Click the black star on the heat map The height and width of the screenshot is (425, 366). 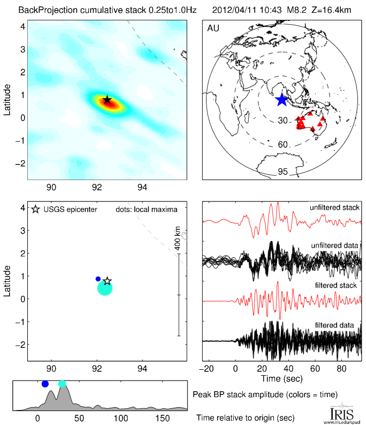(x=107, y=100)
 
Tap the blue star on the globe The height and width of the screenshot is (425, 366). (x=281, y=99)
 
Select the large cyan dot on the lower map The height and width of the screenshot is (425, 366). (x=105, y=288)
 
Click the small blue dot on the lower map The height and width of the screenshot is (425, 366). (x=98, y=279)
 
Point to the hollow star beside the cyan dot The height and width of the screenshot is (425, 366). (x=107, y=281)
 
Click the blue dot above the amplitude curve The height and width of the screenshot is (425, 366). (x=45, y=384)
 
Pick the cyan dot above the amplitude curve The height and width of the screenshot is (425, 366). (x=62, y=384)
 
